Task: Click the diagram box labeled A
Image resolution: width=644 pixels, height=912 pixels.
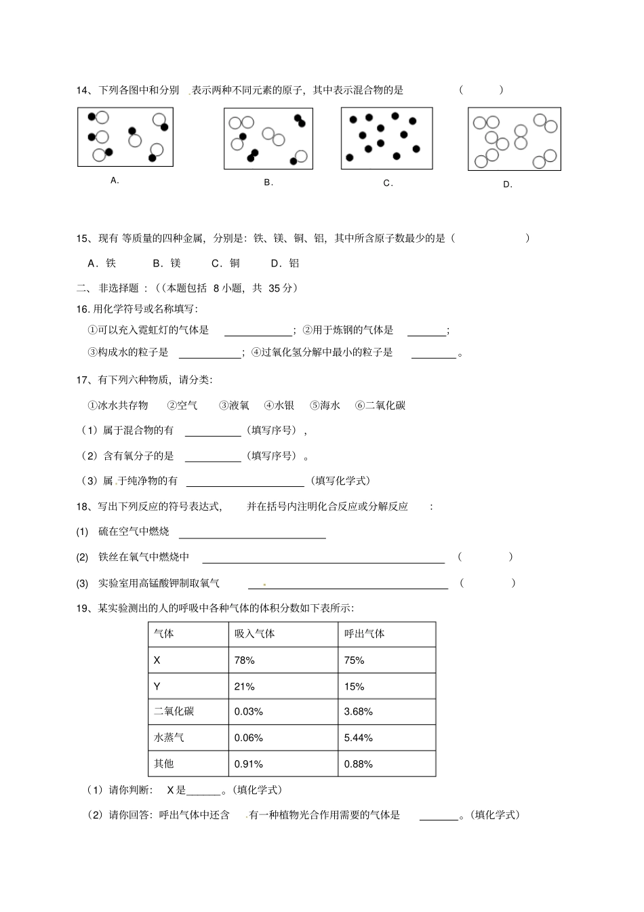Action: [125, 137]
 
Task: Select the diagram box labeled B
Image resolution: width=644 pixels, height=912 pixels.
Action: [268, 138]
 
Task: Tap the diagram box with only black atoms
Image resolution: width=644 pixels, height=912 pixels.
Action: [386, 138]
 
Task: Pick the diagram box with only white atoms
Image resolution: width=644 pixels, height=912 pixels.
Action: [515, 139]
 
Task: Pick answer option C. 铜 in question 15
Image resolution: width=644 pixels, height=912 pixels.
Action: [226, 263]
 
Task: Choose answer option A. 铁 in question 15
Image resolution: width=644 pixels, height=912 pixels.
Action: [102, 263]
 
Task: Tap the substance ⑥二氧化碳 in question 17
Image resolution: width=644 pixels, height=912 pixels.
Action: [380, 405]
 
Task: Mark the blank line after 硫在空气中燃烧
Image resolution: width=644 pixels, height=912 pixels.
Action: [251, 533]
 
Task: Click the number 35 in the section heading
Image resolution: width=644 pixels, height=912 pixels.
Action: [274, 288]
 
